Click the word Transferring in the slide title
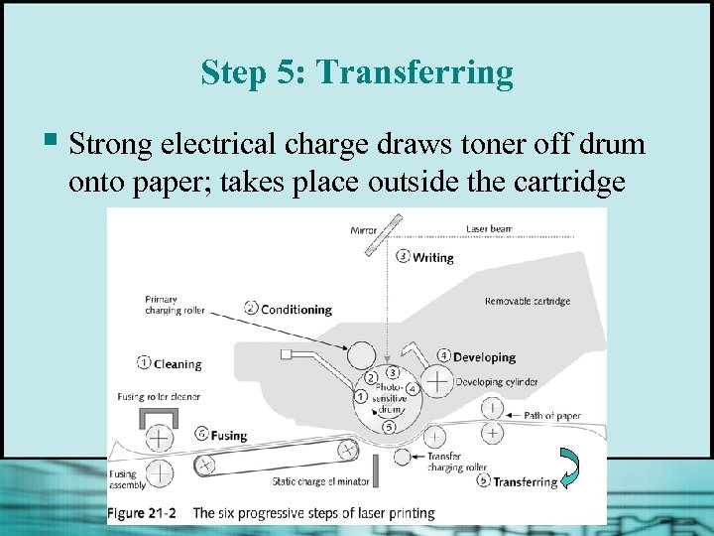coord(415,72)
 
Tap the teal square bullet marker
coord(51,139)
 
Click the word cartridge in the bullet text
coord(569,182)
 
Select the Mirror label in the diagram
coord(363,230)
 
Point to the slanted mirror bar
coord(384,235)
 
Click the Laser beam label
coord(489,229)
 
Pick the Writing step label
coord(432,258)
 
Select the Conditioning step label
coord(297,310)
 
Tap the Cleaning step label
coord(178,364)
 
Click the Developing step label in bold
coord(485,357)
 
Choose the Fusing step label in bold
coord(229,436)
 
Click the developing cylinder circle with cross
coord(437,381)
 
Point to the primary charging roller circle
coord(362,355)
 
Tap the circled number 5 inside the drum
coord(389,427)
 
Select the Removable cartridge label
coord(528,302)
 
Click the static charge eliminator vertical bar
coord(376,470)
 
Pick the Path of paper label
coord(552,416)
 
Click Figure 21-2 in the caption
coord(142,513)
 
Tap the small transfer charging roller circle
coord(402,457)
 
